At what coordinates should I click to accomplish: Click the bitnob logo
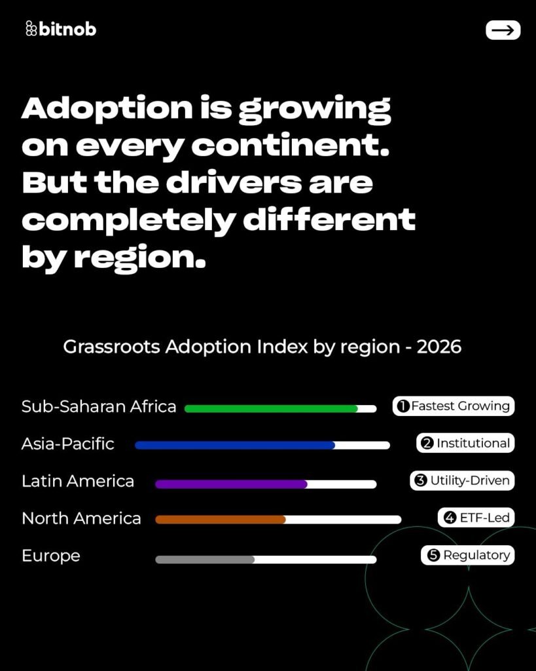[60, 29]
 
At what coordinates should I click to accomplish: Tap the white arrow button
[503, 30]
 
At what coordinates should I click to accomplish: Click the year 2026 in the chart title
[438, 347]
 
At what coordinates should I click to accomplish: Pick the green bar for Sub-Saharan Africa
[271, 408]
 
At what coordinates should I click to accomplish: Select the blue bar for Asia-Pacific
[235, 445]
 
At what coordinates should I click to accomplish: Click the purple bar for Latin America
[231, 484]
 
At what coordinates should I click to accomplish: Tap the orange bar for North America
[221, 520]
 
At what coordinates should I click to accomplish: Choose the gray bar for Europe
[205, 560]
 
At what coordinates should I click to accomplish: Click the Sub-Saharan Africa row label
[99, 407]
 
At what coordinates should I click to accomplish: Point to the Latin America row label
[78, 482]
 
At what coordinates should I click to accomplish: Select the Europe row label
[51, 556]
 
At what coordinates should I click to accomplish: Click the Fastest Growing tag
[454, 406]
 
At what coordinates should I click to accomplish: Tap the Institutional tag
[465, 444]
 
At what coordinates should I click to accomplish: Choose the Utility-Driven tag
[462, 481]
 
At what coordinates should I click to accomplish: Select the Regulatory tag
[467, 556]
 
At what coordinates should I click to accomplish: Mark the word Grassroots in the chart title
[111, 347]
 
